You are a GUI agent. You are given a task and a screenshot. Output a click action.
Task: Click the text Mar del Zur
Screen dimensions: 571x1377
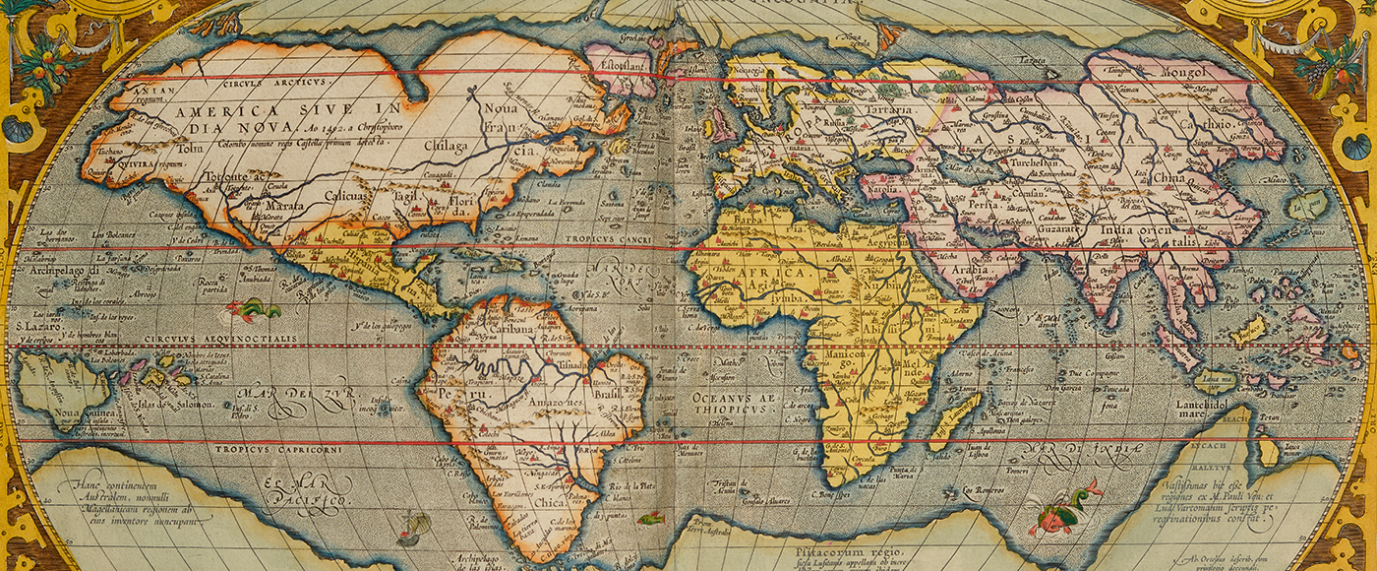coord(271,397)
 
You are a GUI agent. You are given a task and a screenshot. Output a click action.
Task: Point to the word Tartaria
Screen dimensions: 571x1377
coord(885,111)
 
